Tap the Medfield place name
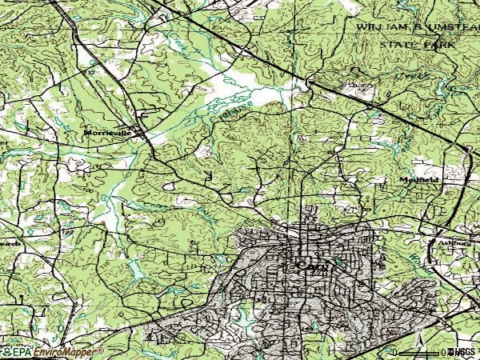(418, 180)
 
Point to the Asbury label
(447, 242)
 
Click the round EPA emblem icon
(7, 351)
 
